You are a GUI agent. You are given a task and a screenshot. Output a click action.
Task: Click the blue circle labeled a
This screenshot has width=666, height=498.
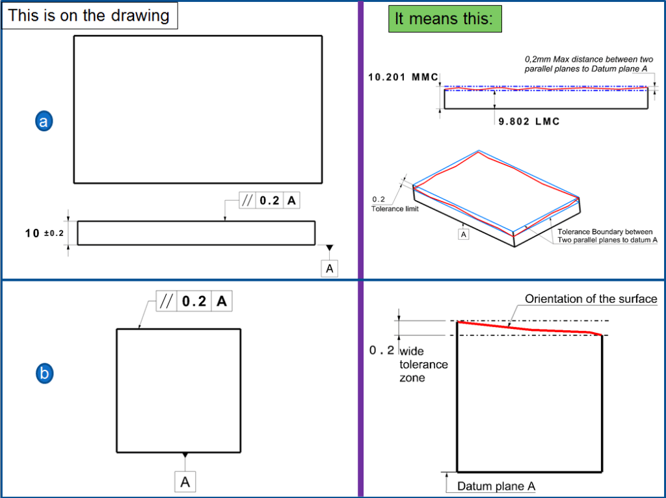click(x=44, y=122)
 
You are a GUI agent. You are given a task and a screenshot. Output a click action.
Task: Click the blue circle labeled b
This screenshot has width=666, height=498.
click(x=44, y=374)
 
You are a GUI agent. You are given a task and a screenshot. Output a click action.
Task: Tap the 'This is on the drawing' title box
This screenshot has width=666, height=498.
click(x=90, y=16)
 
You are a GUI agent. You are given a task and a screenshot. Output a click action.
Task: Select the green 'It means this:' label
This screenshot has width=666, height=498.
click(x=445, y=19)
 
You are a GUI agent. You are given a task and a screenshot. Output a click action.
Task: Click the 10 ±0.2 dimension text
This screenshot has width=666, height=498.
click(x=44, y=233)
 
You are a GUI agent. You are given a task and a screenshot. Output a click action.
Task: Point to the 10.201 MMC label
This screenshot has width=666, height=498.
click(x=403, y=77)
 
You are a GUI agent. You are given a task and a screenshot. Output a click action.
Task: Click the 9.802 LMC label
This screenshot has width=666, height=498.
click(x=529, y=122)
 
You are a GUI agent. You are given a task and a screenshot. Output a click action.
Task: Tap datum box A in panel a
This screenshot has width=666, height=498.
click(x=330, y=269)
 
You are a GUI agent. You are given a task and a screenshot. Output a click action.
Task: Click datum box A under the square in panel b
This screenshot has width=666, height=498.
click(x=185, y=482)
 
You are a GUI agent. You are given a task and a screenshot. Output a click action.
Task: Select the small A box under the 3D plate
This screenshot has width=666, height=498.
click(x=463, y=234)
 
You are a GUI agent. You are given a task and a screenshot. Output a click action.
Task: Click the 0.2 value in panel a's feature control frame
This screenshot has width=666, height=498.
click(x=269, y=200)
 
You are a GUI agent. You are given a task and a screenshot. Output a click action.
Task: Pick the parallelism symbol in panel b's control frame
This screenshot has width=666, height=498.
click(x=166, y=302)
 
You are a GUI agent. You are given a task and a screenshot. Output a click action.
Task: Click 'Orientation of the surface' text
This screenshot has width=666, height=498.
click(x=591, y=299)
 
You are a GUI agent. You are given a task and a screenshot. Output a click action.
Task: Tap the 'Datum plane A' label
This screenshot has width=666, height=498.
click(x=496, y=486)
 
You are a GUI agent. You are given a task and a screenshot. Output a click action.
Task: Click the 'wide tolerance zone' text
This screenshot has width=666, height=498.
click(x=423, y=364)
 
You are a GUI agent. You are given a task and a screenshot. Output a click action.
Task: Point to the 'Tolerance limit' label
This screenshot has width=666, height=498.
click(x=395, y=209)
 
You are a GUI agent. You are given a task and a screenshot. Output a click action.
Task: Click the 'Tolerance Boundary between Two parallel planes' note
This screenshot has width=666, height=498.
click(x=607, y=235)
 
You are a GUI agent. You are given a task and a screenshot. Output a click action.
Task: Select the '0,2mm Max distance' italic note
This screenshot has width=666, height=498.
click(x=589, y=64)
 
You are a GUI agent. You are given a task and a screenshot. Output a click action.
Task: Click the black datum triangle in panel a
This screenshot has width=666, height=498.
click(x=330, y=248)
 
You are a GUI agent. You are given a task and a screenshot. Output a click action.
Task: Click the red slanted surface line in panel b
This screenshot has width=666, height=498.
click(x=529, y=329)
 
